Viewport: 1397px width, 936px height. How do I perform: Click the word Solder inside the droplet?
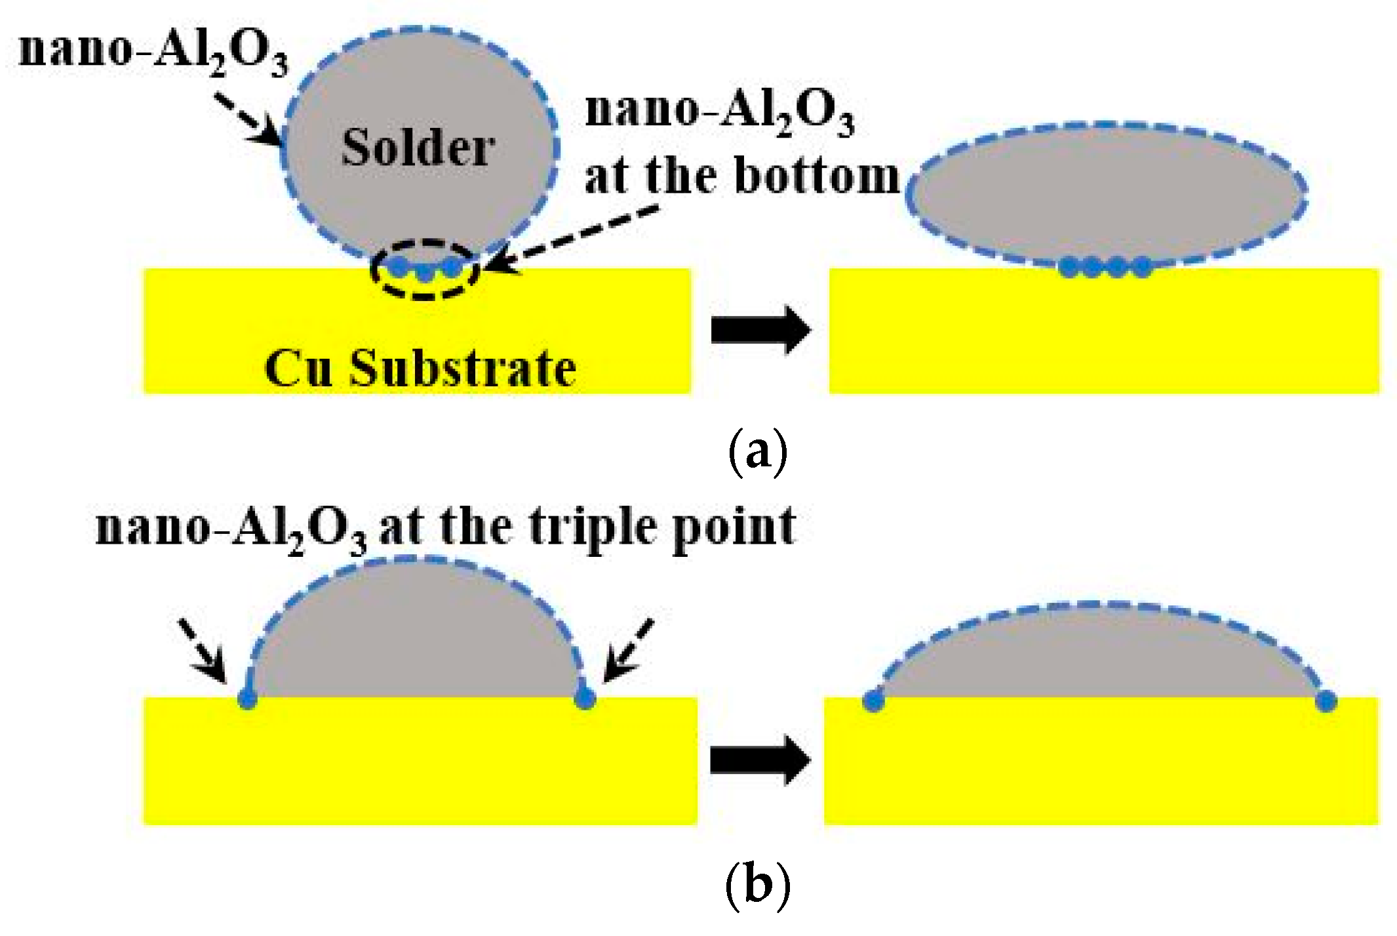click(418, 148)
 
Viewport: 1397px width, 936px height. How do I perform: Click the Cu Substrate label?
click(420, 369)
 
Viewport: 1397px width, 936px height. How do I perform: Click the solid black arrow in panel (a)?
click(760, 329)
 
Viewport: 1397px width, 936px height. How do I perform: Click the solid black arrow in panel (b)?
click(760, 760)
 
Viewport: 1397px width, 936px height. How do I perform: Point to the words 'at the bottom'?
click(741, 176)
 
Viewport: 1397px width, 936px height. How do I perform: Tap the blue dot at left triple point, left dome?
click(247, 699)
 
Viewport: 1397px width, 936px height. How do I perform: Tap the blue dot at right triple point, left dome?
click(584, 699)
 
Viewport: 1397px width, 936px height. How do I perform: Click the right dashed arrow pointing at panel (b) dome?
click(628, 650)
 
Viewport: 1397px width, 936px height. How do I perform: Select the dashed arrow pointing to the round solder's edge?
click(249, 118)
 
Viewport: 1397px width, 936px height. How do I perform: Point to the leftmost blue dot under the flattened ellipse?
click(1069, 267)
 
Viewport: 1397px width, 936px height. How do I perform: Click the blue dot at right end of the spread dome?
click(1326, 701)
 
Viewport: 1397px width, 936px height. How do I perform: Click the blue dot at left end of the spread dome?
click(873, 701)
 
